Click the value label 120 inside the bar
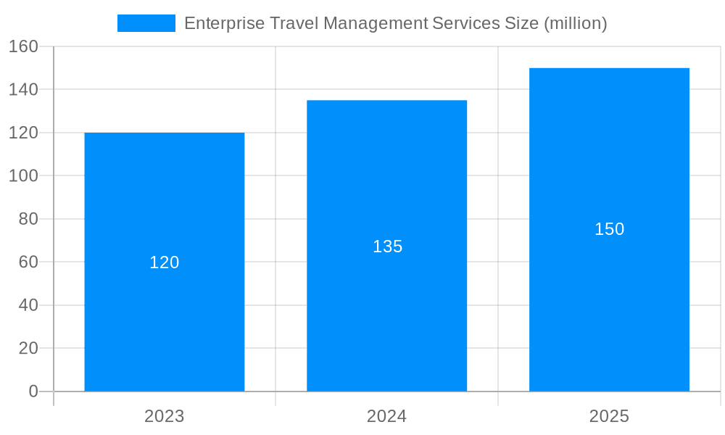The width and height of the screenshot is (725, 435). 165,262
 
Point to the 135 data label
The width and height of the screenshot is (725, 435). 387,246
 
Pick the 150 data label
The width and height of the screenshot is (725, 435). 609,229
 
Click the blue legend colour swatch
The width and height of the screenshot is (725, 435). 146,23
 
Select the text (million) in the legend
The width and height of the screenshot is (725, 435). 575,23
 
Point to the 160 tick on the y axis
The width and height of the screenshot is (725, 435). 23,46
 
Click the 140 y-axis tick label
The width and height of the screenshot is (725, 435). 23,90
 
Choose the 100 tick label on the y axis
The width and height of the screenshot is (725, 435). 23,176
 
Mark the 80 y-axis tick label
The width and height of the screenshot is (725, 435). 28,219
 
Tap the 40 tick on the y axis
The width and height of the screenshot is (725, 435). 28,305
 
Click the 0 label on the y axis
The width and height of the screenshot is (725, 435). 33,391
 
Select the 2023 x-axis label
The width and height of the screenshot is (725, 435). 165,417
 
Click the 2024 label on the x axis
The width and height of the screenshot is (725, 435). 386,417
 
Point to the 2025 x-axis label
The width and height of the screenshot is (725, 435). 609,417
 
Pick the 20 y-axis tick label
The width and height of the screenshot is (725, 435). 28,348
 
